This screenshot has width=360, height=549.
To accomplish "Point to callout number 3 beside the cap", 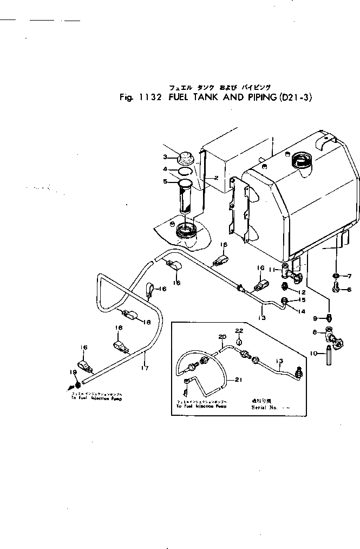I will tap(166, 158).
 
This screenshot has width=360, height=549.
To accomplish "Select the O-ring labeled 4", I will tap(184, 172).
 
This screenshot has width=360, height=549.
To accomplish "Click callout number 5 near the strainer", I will tap(166, 181).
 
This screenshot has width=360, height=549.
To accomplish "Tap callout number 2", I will tap(215, 178).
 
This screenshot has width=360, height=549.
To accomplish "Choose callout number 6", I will tap(349, 290).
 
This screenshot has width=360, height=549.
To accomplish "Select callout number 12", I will tap(304, 292).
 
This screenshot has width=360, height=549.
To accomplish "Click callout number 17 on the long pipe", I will tap(144, 368).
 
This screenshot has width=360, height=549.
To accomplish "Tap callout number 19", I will tap(73, 371).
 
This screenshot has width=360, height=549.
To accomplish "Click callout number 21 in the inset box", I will tap(238, 381).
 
